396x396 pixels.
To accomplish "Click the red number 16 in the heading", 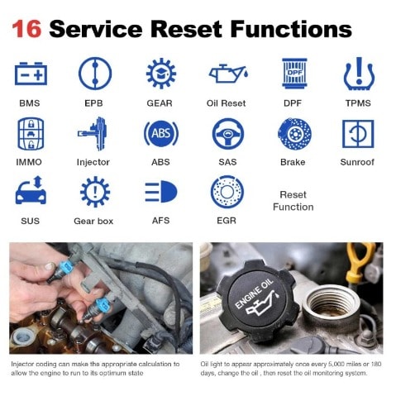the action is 26,29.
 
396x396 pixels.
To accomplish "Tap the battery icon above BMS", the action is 31,74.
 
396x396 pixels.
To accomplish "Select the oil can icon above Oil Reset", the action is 228,74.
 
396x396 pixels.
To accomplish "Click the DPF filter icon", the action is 294,74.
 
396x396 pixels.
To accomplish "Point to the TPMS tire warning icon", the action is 359,74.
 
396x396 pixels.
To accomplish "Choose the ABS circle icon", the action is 161,134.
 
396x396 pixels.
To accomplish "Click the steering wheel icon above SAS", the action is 228,134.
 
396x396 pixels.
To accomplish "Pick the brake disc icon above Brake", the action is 294,134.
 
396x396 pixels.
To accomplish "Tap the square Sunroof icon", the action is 358,134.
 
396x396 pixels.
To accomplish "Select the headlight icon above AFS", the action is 161,192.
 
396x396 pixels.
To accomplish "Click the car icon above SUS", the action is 31,190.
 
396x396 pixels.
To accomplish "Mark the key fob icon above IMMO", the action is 31,134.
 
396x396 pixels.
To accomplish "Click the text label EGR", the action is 227,221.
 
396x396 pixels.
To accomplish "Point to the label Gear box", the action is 93,221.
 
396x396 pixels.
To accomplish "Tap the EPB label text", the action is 93,103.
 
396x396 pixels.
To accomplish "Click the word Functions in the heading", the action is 291,29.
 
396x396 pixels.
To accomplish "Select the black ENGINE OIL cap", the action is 257,300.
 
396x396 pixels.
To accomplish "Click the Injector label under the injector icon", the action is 93,162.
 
